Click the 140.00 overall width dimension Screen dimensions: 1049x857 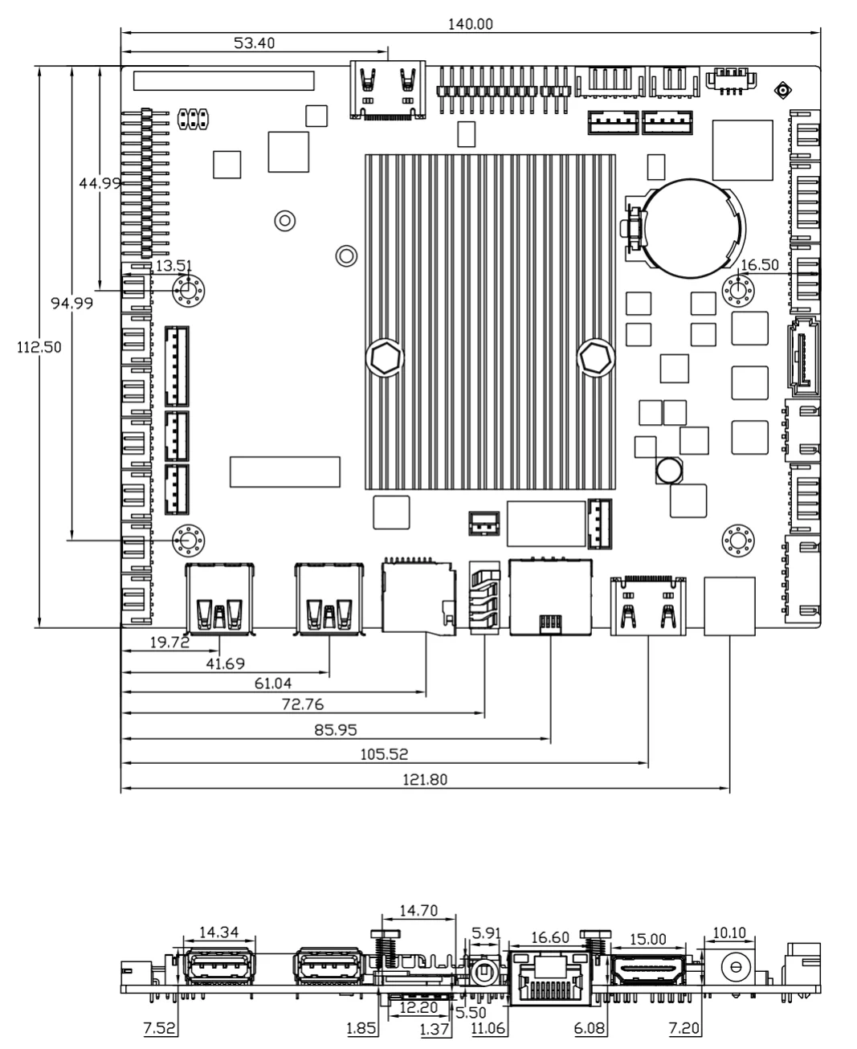point(470,23)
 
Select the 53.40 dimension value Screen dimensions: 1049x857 point(254,43)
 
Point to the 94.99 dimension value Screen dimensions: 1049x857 point(71,303)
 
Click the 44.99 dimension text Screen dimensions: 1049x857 point(100,183)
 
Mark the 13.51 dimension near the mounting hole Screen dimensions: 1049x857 point(173,266)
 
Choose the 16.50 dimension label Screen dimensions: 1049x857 point(759,265)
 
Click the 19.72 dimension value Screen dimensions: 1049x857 point(169,642)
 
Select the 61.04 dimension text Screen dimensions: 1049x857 point(273,684)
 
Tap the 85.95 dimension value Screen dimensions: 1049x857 point(335,731)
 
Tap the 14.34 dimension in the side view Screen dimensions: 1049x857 point(218,933)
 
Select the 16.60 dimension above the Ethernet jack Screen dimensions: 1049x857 point(550,937)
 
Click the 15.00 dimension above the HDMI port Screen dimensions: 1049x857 point(648,938)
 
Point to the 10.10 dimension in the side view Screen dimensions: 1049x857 point(729,933)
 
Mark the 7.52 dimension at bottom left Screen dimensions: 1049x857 point(159,1029)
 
